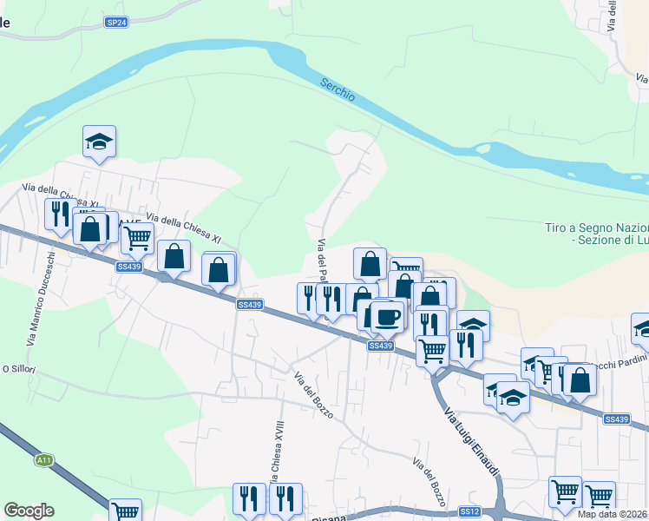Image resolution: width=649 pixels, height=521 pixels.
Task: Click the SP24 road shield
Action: [117, 23]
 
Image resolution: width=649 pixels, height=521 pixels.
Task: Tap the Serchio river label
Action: [337, 89]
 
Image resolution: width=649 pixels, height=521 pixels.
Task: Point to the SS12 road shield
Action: [469, 511]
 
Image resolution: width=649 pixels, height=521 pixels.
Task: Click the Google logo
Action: [29, 511]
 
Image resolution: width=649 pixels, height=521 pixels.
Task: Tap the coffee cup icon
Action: [387, 315]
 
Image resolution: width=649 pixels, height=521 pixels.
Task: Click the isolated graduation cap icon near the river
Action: [100, 142]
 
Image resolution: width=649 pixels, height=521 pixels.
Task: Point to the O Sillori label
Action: [17, 368]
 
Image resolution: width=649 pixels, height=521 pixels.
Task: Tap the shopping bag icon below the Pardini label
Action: [580, 379]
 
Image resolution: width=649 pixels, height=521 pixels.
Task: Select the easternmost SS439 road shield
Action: [616, 419]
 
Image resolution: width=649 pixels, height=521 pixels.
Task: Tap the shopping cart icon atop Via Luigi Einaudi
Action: [432, 350]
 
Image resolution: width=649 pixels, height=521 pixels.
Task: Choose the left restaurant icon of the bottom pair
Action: [249, 499]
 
